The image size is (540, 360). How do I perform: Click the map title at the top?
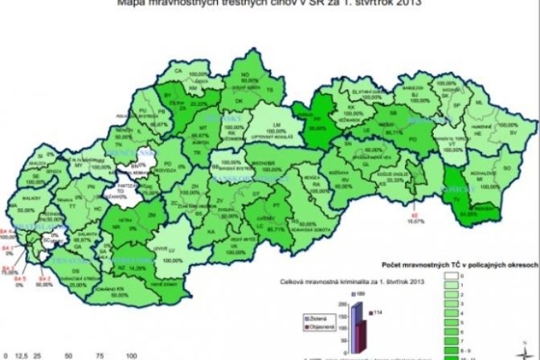click(269, 4)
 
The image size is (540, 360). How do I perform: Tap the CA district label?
click(178, 71)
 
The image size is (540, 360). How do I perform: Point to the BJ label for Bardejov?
click(416, 95)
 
